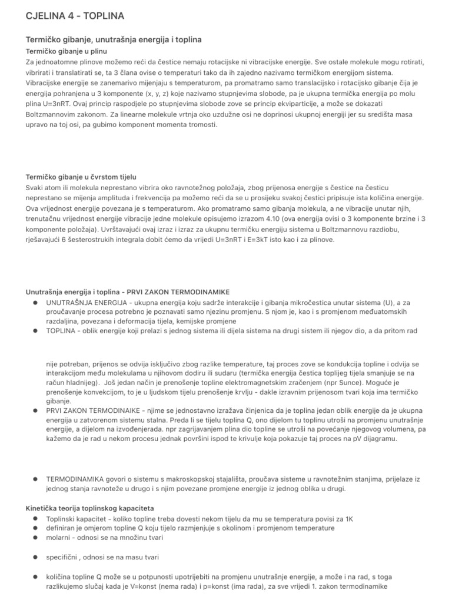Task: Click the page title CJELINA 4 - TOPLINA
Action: click(x=75, y=15)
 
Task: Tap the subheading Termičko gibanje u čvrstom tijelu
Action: click(x=81, y=176)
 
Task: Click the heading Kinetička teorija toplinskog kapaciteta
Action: click(x=89, y=508)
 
